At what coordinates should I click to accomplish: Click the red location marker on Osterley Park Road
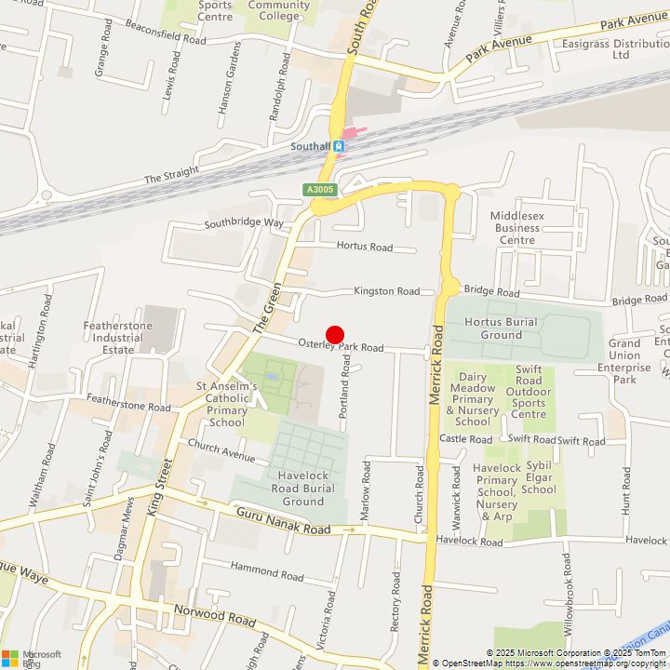pos(335,336)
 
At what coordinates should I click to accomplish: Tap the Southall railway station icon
pos(340,146)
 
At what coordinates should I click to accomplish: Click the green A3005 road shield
pos(319,190)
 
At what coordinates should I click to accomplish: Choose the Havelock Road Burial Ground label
pos(303,488)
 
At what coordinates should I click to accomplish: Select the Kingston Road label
pos(386,291)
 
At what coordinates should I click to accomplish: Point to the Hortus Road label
pos(365,248)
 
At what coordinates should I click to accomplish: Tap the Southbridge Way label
pos(244,223)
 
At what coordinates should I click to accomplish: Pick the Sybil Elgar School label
pos(539,476)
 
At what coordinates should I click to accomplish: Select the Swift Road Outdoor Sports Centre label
pos(529,391)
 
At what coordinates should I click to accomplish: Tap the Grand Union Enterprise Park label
pos(624,361)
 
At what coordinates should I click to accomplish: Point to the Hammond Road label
pos(266,570)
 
